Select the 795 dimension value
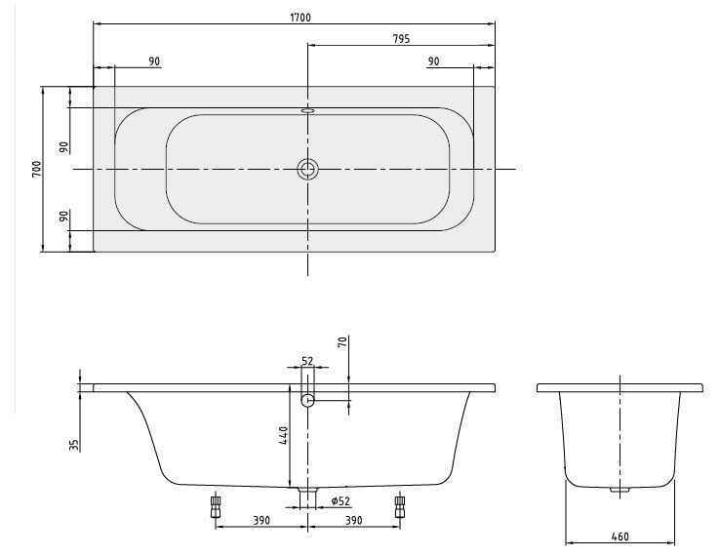[x=399, y=39]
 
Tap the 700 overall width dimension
[x=36, y=169]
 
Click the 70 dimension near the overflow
[x=342, y=342]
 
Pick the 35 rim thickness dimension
[x=74, y=444]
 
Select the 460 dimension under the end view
[x=620, y=536]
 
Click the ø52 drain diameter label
[x=340, y=501]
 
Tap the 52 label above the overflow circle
[x=307, y=361]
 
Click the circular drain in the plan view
[x=307, y=170]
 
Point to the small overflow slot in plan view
[x=307, y=110]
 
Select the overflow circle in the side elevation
[x=307, y=400]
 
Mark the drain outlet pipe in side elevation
[x=307, y=497]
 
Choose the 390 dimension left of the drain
[x=260, y=521]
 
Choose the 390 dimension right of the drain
[x=353, y=521]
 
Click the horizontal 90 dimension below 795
[x=433, y=61]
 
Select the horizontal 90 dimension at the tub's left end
[x=154, y=61]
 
